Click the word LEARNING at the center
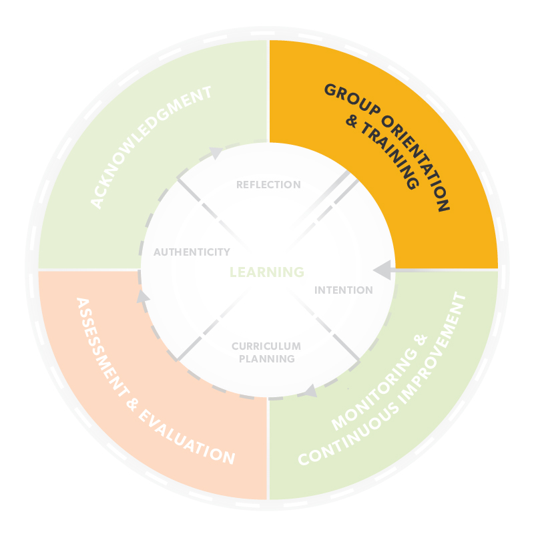[x=267, y=272]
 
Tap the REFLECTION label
[x=269, y=185]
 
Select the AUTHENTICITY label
[x=192, y=252]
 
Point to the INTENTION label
[x=344, y=290]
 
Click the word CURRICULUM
[x=266, y=346]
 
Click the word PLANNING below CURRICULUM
[x=267, y=358]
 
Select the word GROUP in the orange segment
[x=352, y=99]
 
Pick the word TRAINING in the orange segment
[x=390, y=156]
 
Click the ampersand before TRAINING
[x=352, y=121]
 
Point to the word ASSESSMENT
[x=102, y=347]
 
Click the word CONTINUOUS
[x=348, y=435]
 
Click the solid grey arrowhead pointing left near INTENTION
[x=382, y=270]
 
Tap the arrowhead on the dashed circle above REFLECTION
[x=216, y=153]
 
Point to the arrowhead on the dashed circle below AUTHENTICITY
[x=143, y=296]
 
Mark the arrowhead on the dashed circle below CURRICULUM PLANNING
[x=310, y=390]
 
